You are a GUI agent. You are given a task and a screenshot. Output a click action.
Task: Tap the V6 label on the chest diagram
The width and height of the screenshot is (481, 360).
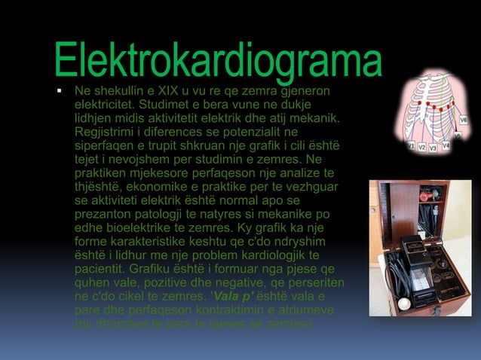(463, 118)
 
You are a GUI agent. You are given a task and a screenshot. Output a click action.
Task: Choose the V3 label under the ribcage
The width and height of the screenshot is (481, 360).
(434, 148)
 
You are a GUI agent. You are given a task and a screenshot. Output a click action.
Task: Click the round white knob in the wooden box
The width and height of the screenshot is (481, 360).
(404, 304)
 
